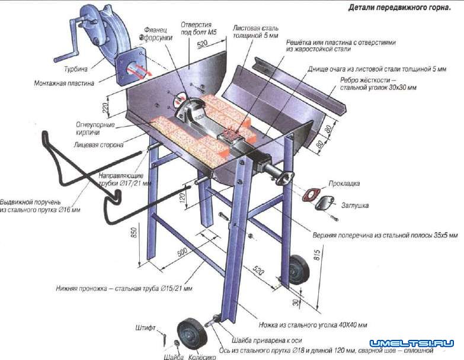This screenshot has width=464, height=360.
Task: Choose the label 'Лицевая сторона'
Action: [99, 144]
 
